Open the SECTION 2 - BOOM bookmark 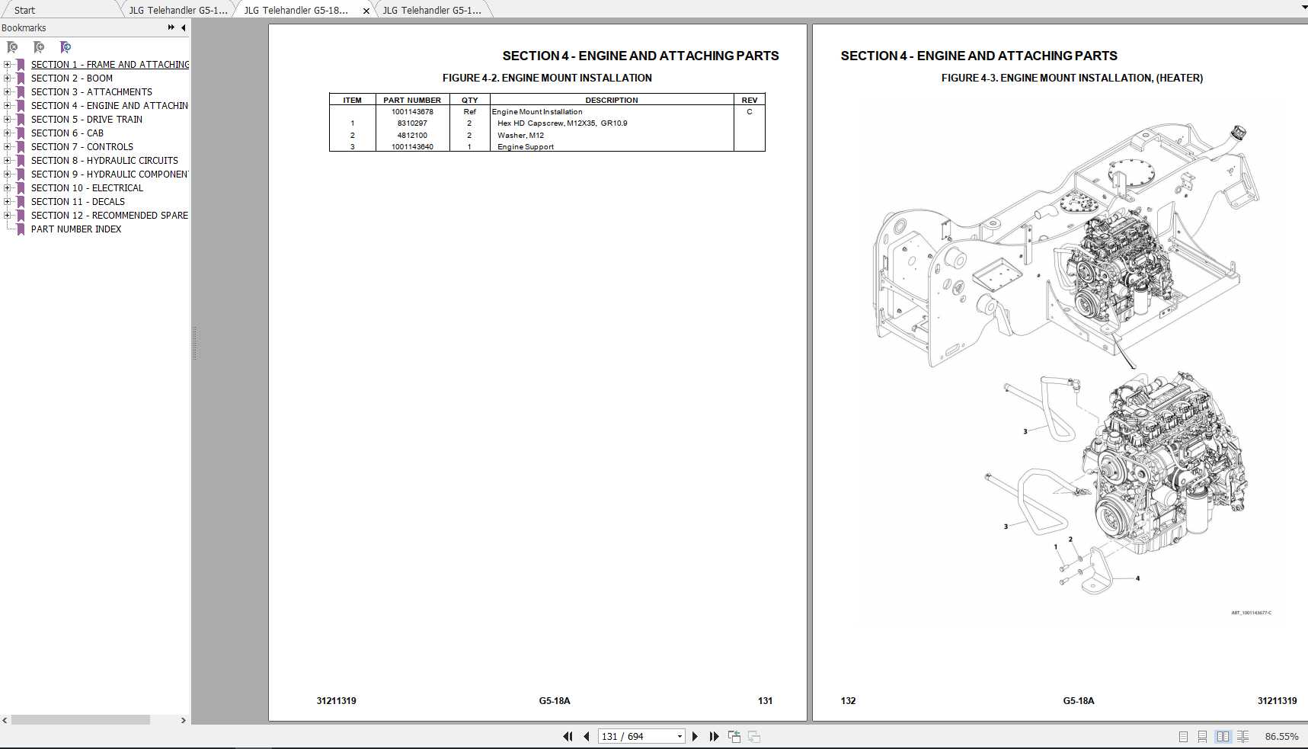pos(72,78)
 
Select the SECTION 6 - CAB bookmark pos(67,133)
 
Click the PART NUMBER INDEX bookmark pos(76,229)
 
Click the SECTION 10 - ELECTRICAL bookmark pos(87,188)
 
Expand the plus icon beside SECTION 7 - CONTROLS pos(7,147)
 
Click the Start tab pos(24,10)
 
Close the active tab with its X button pos(366,11)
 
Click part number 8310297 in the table pos(412,123)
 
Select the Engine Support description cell pos(526,147)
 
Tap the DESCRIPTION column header pos(611,100)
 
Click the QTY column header pos(469,100)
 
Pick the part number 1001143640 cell pos(412,147)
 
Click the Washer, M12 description pos(520,136)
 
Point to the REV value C pos(749,112)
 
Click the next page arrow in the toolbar pos(695,736)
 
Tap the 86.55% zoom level pos(1281,736)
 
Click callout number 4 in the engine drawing pos(1137,578)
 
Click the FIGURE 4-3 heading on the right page pos(1072,78)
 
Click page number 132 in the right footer pos(848,700)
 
